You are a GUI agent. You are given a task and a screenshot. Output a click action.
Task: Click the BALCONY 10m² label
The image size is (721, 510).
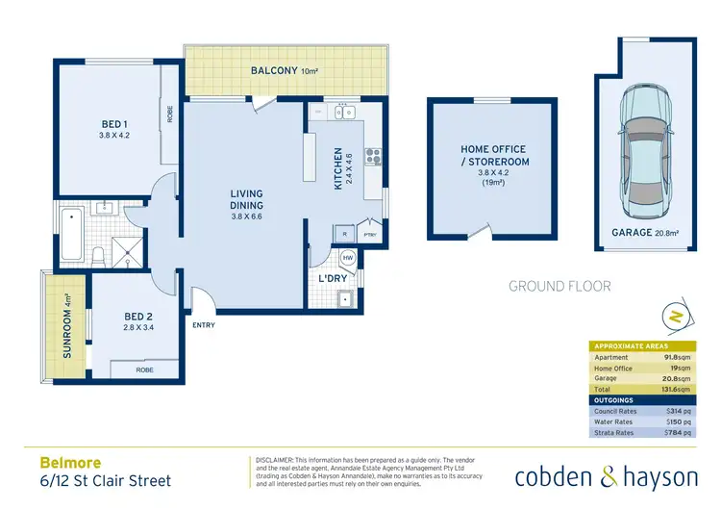pos(285,70)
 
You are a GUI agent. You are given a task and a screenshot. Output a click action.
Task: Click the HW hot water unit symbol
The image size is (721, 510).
pos(348,257)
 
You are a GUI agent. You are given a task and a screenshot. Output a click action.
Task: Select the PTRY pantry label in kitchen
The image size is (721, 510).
pos(369,234)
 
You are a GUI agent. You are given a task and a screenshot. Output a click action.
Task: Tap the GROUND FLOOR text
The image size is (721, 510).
pos(559,286)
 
